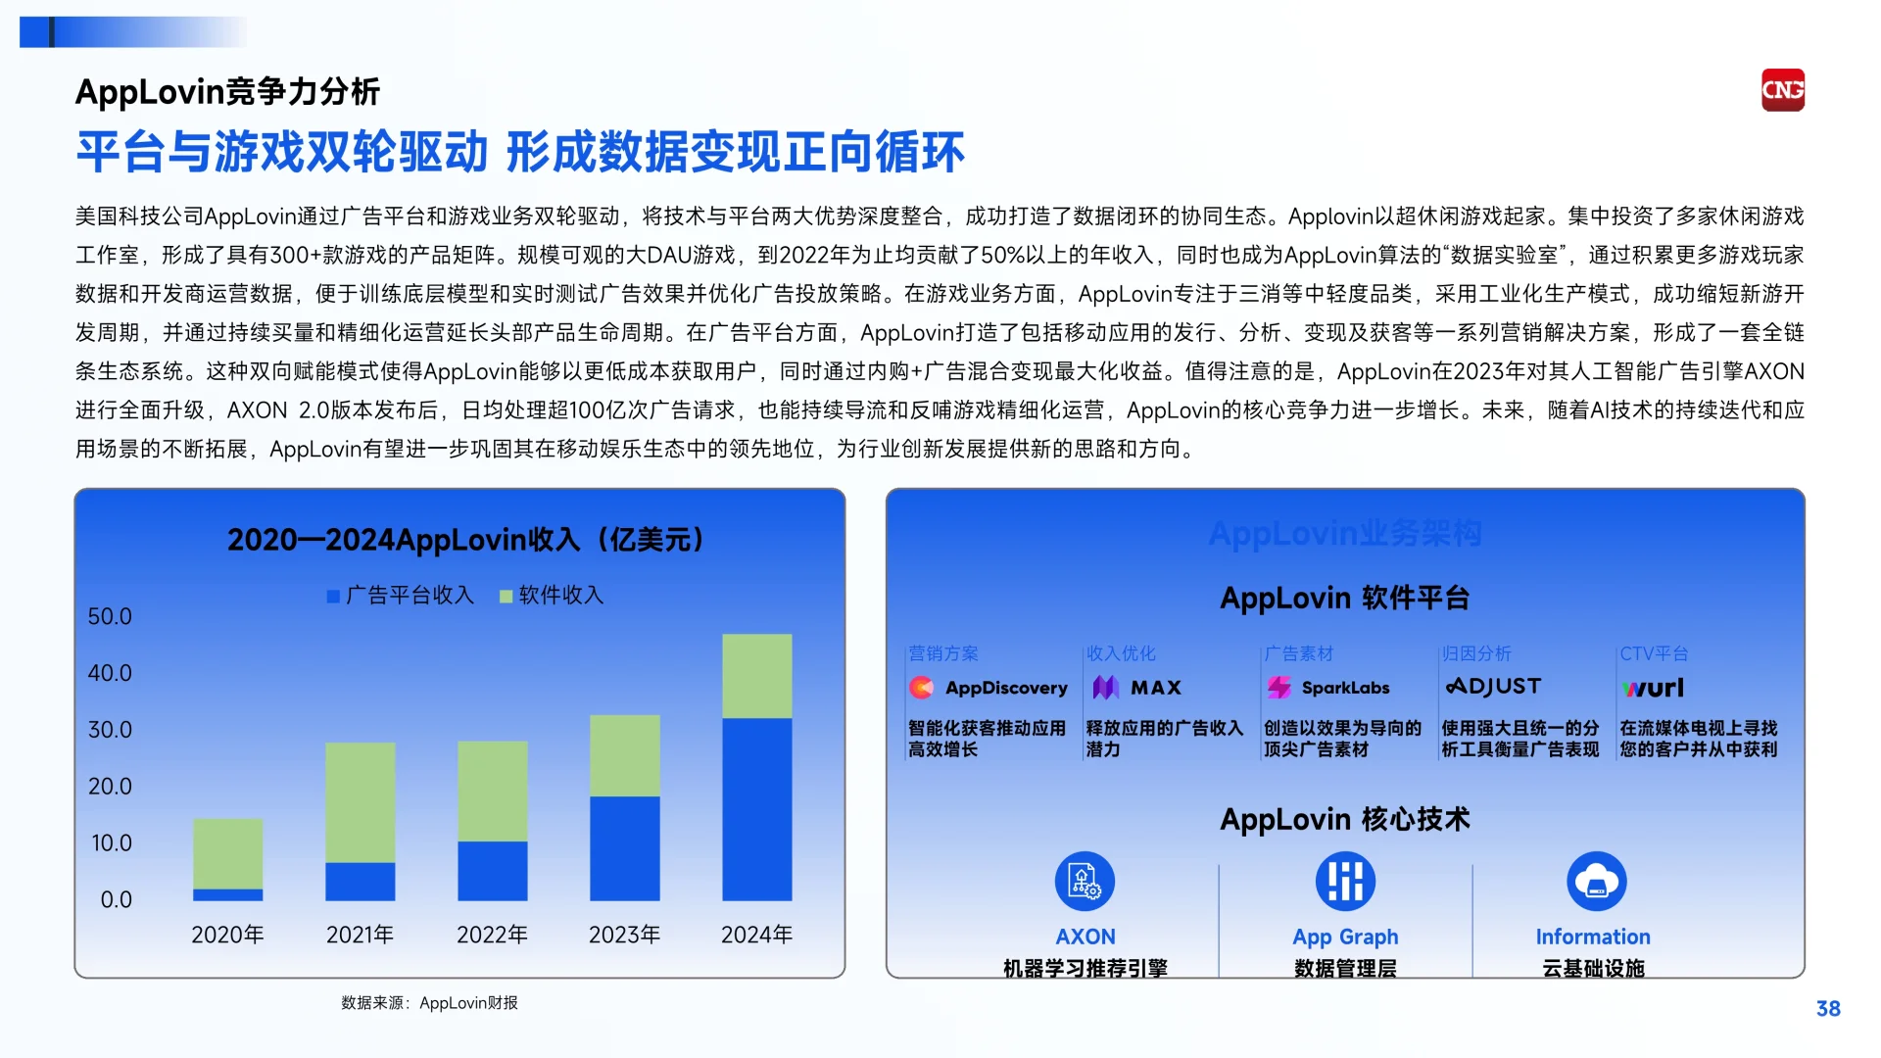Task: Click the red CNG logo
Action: point(1782,90)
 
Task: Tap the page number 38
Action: point(1828,1009)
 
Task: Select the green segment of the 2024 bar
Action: point(756,676)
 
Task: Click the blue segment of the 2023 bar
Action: point(624,847)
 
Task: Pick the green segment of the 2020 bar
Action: point(227,853)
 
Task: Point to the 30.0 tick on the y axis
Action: point(110,730)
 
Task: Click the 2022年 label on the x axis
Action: point(492,935)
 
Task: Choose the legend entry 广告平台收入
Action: point(400,595)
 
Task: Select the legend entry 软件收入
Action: point(552,595)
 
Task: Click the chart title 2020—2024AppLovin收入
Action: point(465,540)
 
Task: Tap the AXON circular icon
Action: point(1085,881)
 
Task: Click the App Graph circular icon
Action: point(1345,881)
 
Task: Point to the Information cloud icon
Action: point(1597,881)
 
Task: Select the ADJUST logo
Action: point(1493,687)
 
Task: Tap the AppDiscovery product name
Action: point(1005,688)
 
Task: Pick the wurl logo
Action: point(1653,688)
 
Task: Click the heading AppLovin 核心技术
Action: point(1345,819)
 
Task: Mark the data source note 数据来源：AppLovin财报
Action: point(429,1003)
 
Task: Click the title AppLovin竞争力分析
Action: point(227,92)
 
